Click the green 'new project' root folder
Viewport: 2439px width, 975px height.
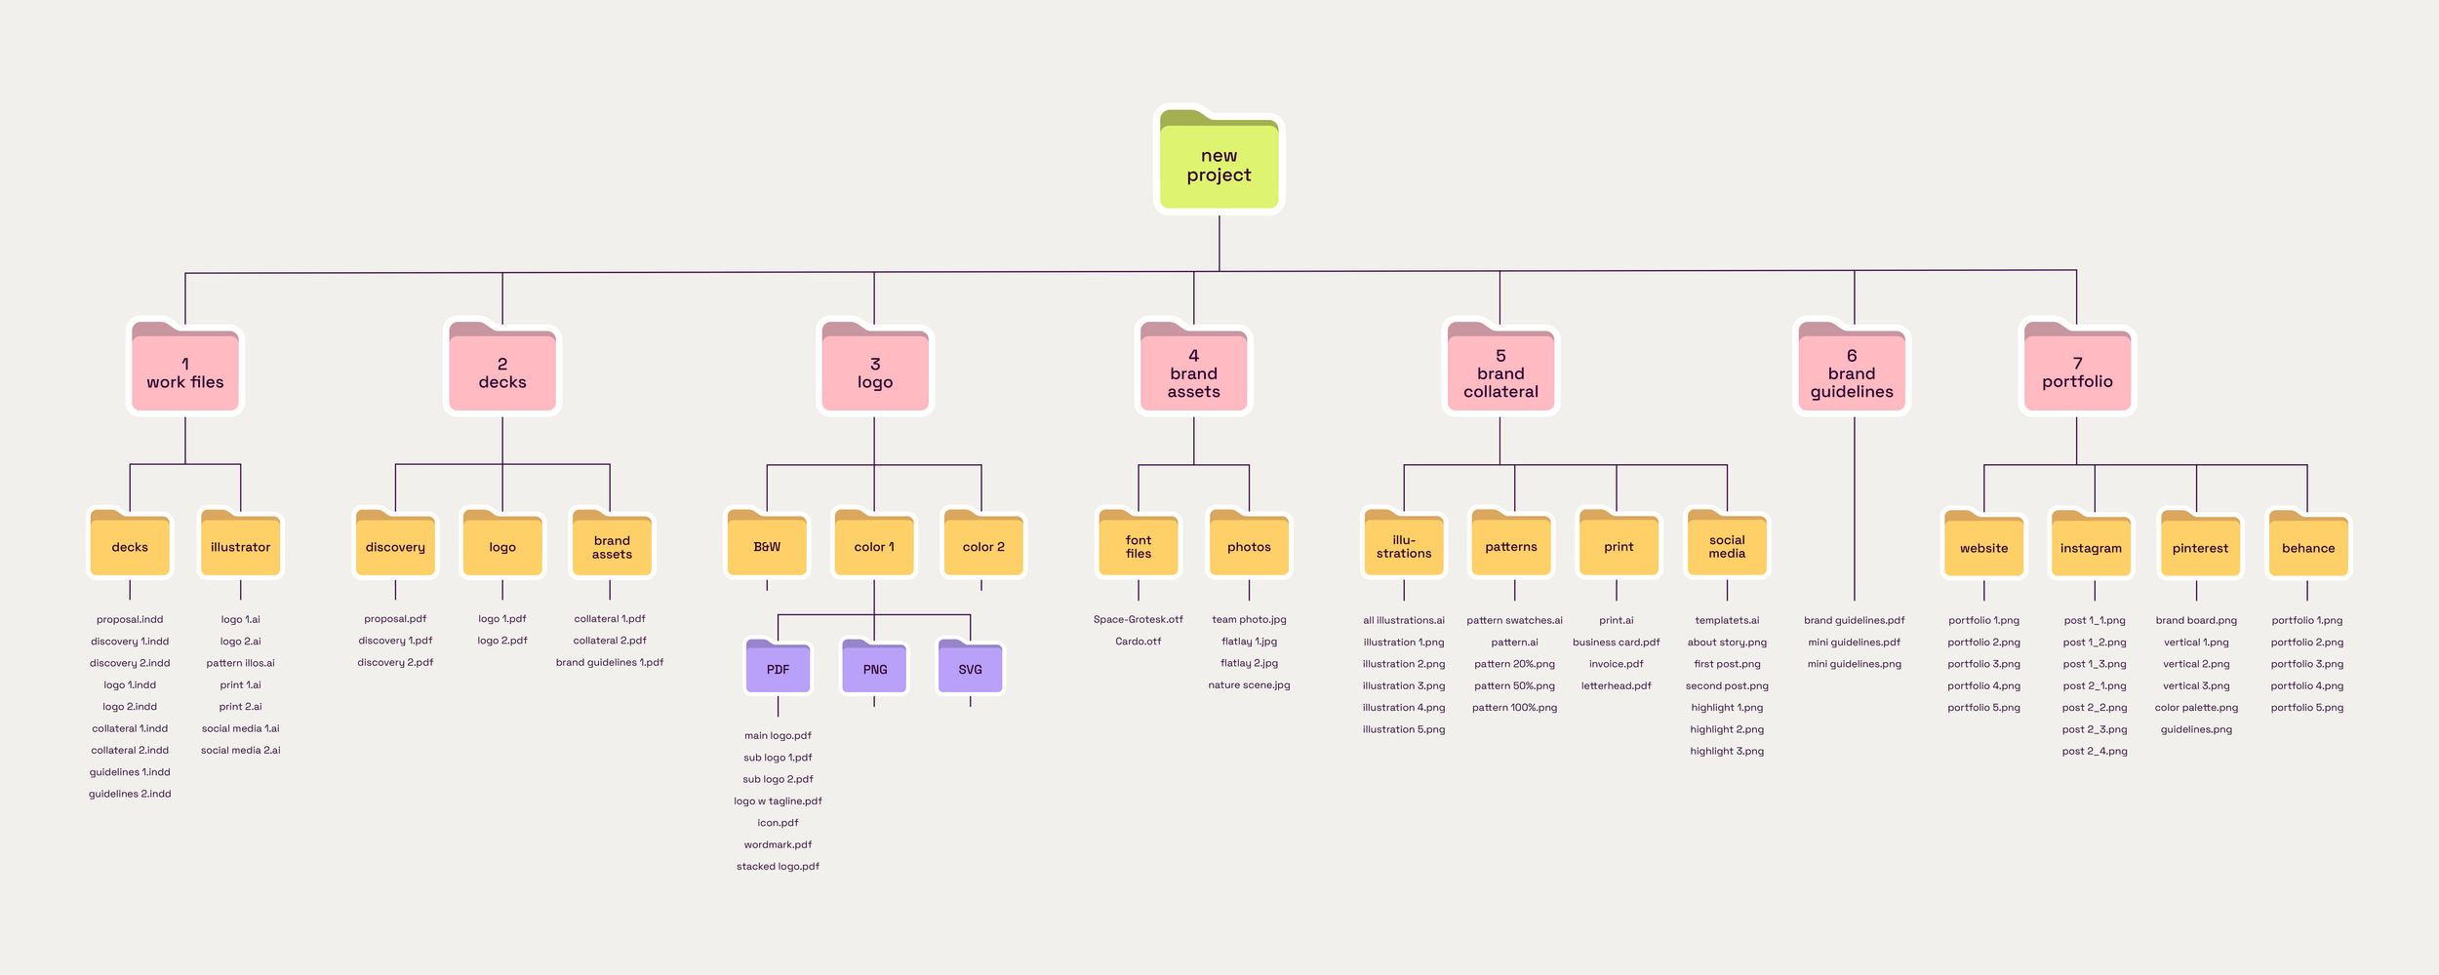tap(1219, 163)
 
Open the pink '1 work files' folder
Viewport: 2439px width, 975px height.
tap(185, 371)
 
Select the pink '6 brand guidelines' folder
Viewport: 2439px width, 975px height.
tap(1852, 371)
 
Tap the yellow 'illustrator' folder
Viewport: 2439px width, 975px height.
tap(240, 545)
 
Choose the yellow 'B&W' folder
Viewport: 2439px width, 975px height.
tap(767, 545)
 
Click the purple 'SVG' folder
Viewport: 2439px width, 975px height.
tap(970, 668)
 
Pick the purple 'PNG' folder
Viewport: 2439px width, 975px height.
tap(875, 668)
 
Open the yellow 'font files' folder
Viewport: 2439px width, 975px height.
tap(1139, 545)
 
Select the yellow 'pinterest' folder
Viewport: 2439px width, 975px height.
tap(2200, 546)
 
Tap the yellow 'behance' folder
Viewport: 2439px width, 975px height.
tap(2308, 546)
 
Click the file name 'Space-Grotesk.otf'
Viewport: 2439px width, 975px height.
tap(1138, 619)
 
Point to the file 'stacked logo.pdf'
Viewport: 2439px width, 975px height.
tap(778, 866)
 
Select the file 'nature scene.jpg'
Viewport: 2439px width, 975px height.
tap(1249, 684)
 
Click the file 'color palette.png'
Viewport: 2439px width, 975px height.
tap(2196, 707)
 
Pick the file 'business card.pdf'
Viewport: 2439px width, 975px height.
tap(1616, 642)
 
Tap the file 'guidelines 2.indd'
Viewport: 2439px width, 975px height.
tap(130, 794)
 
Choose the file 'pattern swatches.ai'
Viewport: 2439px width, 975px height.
tap(1514, 620)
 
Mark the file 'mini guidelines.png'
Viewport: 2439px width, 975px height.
tap(1854, 664)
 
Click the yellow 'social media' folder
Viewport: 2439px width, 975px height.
tap(1727, 545)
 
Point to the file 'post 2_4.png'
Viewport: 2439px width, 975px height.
tap(2095, 751)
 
